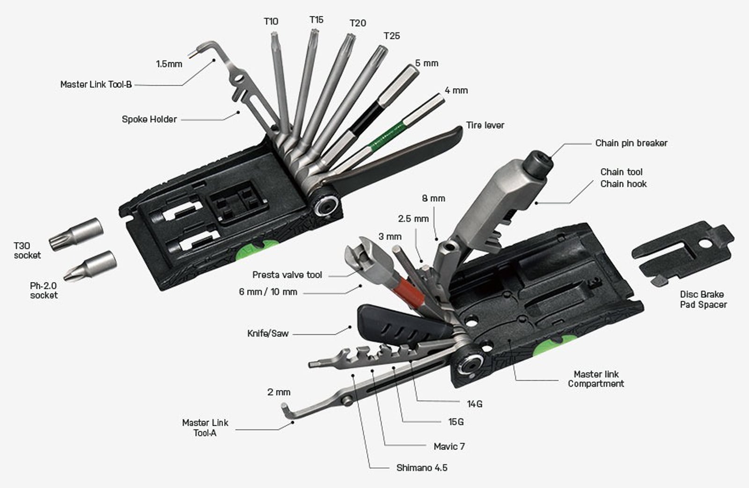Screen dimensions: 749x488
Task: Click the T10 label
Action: click(x=271, y=22)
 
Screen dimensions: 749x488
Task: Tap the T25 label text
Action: click(x=391, y=36)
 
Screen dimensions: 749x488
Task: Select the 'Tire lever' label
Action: click(x=485, y=125)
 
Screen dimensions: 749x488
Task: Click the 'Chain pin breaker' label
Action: click(x=632, y=143)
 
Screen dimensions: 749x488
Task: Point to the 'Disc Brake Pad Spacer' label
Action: click(x=703, y=299)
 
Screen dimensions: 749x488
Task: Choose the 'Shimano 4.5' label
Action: click(x=422, y=467)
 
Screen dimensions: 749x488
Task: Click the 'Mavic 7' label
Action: click(x=449, y=446)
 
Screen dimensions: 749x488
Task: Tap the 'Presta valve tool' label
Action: click(x=287, y=274)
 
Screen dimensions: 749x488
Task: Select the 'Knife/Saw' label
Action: click(x=268, y=333)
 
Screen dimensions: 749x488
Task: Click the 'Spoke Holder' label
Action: click(x=149, y=119)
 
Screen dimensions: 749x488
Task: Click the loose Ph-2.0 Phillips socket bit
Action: click(x=90, y=266)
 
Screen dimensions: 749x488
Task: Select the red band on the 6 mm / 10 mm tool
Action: click(x=409, y=293)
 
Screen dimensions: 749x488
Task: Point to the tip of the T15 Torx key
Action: click(x=314, y=32)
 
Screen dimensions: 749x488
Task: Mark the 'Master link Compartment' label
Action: click(x=596, y=378)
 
